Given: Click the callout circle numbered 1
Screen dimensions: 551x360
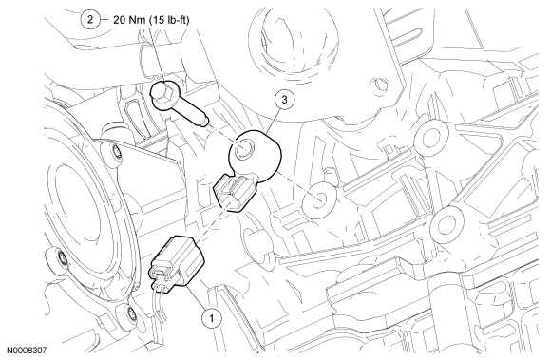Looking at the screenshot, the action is click(212, 318).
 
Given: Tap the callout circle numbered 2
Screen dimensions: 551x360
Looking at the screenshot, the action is click(90, 19).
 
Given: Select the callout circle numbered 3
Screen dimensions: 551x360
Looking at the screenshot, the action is click(284, 100).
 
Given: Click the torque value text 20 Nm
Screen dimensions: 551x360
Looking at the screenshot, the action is click(129, 20).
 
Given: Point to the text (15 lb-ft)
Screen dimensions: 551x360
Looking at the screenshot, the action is click(169, 20).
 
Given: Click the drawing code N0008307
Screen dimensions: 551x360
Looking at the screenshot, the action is click(27, 350).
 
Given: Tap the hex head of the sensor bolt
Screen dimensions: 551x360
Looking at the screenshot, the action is click(164, 94).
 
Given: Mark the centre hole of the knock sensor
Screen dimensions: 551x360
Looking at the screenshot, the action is click(243, 148).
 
